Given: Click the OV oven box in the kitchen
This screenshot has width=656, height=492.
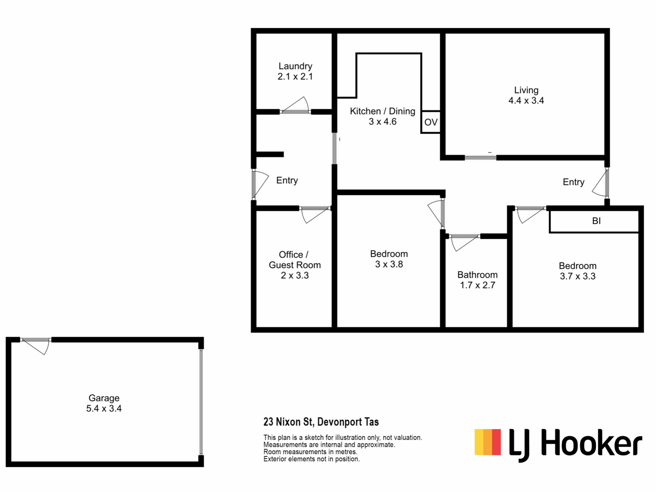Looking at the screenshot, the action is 430,122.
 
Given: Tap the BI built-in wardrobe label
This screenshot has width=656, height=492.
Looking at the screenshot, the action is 596,221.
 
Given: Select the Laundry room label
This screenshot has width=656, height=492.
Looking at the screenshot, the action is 295,66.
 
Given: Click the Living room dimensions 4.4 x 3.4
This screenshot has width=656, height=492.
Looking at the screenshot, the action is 526,100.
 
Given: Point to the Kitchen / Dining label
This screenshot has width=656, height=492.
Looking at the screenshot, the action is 383,111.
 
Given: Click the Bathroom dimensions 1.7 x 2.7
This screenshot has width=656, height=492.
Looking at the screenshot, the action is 478,285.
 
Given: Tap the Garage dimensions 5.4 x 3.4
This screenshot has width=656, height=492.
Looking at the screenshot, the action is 104,408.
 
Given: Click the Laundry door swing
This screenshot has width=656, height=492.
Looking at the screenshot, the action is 295,105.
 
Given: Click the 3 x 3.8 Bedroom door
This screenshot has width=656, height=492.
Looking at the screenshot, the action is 436,214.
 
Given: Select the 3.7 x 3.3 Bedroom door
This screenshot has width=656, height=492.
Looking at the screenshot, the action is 531,215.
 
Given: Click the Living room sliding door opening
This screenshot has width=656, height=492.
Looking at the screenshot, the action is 480,158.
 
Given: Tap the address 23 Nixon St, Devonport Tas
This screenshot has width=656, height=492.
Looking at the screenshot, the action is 321,422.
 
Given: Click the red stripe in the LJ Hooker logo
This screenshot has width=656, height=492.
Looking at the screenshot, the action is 496,442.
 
